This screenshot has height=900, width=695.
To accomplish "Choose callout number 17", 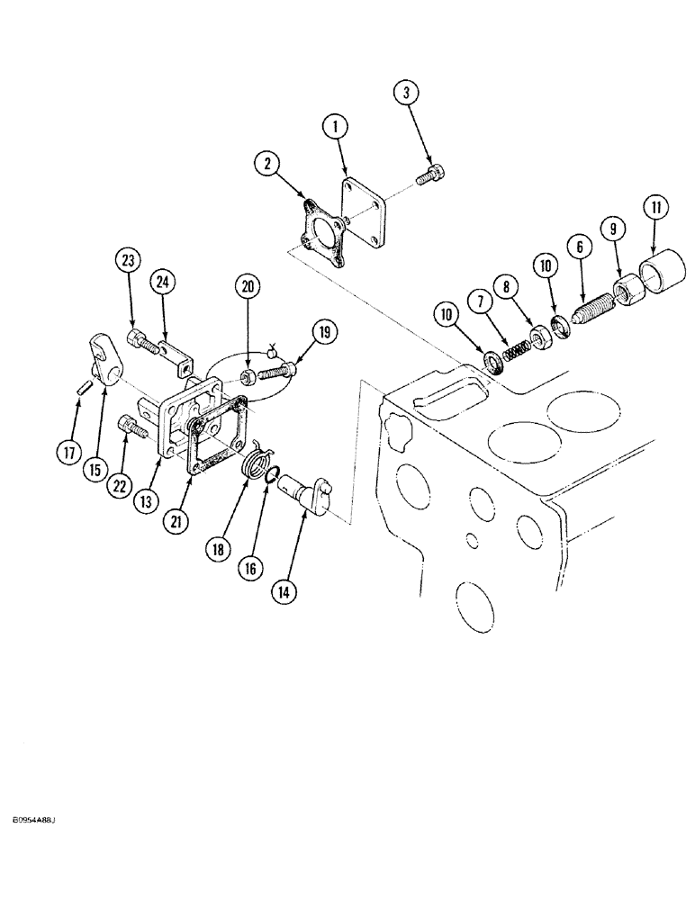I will [68, 454].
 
